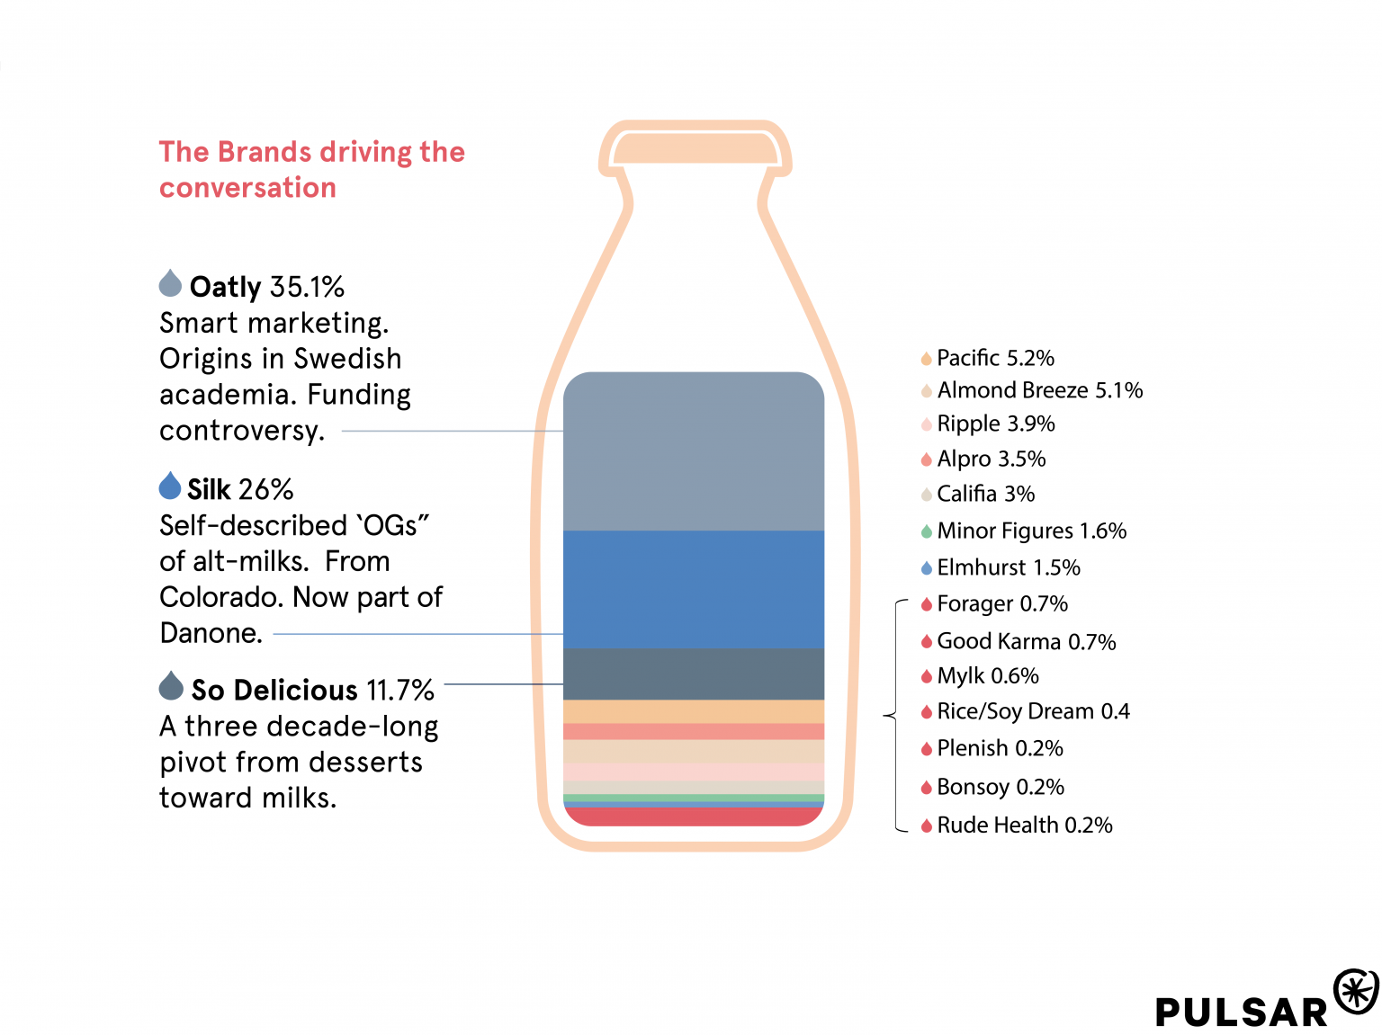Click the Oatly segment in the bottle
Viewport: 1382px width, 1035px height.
pos(693,450)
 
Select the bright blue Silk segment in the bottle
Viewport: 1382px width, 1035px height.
pos(693,589)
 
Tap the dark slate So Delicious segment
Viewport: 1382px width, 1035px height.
pos(693,674)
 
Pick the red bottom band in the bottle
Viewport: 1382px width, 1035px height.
pos(693,816)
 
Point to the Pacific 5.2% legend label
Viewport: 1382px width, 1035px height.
pos(995,358)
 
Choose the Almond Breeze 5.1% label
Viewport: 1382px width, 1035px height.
pos(1039,390)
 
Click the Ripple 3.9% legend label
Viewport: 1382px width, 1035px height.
pos(995,424)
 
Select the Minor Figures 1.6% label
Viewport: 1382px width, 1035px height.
pos(1031,531)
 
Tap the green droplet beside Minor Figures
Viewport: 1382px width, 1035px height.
pos(926,531)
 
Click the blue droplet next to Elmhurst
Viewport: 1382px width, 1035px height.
pos(926,568)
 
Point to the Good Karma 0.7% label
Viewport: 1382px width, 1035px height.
pos(1026,641)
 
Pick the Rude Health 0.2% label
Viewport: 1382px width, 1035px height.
pos(1024,825)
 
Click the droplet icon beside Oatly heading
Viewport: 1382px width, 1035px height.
pos(170,283)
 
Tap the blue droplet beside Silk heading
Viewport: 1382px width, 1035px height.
pos(170,486)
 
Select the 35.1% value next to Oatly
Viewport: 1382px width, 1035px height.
pos(307,287)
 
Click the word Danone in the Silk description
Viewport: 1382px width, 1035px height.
pos(211,633)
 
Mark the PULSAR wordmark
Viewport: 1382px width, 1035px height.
pos(1242,1012)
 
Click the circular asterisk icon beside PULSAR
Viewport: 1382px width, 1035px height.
pos(1356,992)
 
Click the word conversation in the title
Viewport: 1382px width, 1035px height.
pos(247,188)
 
